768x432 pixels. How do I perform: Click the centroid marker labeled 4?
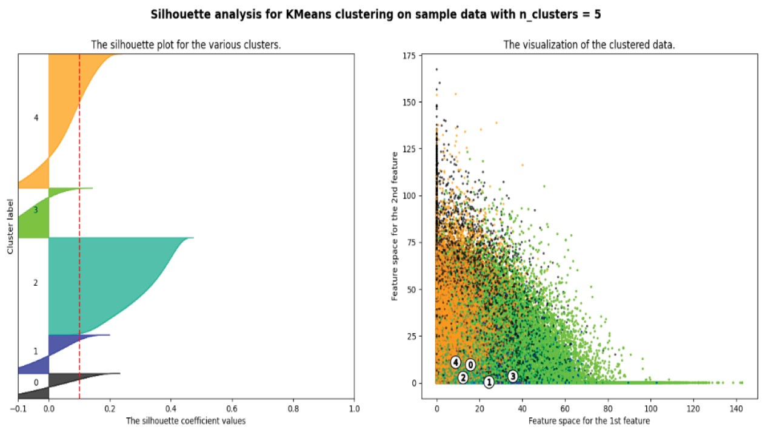[x=456, y=362]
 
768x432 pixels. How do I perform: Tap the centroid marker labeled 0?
[x=470, y=365]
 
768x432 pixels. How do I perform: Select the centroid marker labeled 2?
[x=463, y=377]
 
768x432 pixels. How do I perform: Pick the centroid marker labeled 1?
[x=489, y=382]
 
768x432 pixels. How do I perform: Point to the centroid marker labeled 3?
[x=513, y=376]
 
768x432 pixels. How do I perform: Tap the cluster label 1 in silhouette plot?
[x=36, y=351]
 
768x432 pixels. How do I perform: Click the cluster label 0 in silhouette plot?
[x=36, y=383]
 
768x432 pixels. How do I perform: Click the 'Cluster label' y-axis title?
[x=10, y=226]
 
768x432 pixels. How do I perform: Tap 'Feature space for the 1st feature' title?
[x=589, y=420]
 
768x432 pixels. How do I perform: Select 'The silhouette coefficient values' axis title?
[x=185, y=420]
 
